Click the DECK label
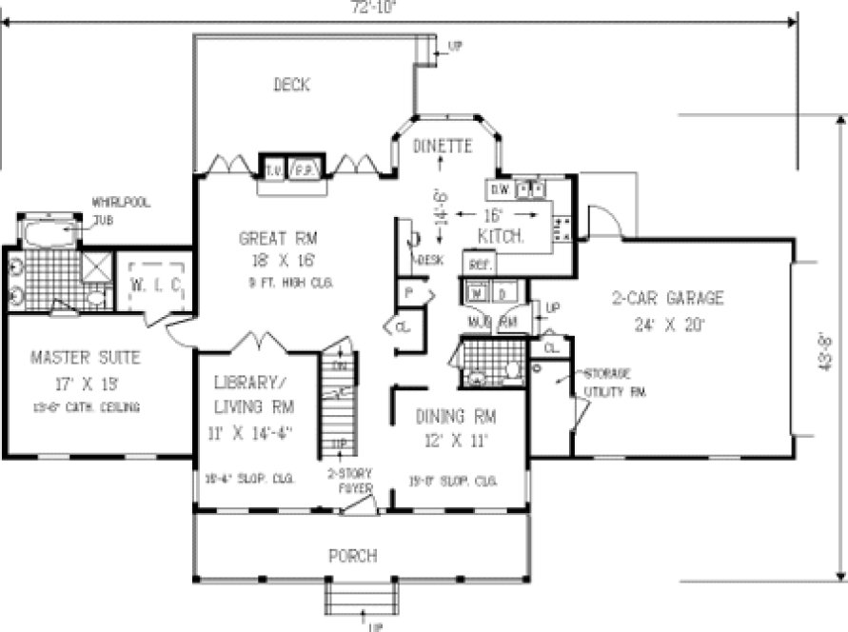click(x=291, y=86)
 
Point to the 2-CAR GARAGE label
click(x=667, y=299)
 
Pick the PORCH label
click(x=352, y=555)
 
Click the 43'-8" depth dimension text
click(x=826, y=353)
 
